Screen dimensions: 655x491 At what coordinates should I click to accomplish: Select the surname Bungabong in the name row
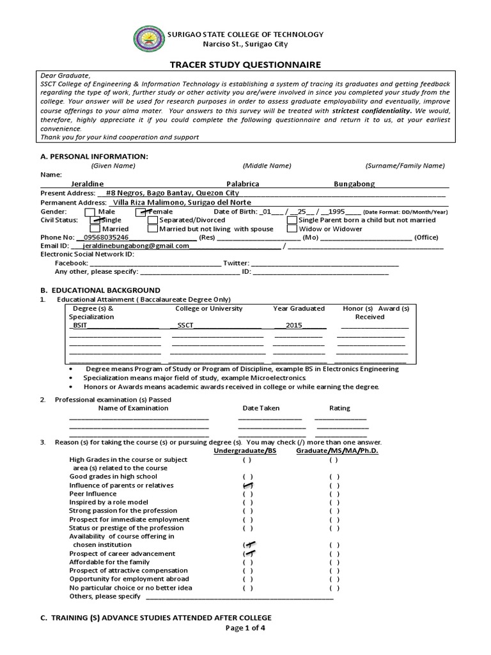pyautogui.click(x=354, y=184)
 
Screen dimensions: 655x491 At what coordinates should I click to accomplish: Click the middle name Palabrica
pyautogui.click(x=244, y=184)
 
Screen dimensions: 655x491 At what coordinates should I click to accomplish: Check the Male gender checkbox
pyautogui.click(x=90, y=212)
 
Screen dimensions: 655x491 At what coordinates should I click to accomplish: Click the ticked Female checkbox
pyautogui.click(x=142, y=212)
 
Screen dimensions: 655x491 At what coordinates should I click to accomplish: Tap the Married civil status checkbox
pyautogui.click(x=95, y=228)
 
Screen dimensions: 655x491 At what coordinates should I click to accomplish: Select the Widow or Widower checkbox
pyautogui.click(x=292, y=228)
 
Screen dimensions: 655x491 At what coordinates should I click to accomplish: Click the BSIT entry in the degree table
pyautogui.click(x=80, y=326)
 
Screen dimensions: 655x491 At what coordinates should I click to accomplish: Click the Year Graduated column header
pyautogui.click(x=299, y=308)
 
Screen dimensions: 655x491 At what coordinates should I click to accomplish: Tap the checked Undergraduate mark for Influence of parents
pyautogui.click(x=247, y=485)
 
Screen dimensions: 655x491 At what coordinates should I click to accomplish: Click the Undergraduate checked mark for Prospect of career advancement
pyautogui.click(x=247, y=553)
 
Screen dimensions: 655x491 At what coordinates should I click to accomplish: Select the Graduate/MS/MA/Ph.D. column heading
pyautogui.click(x=337, y=451)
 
